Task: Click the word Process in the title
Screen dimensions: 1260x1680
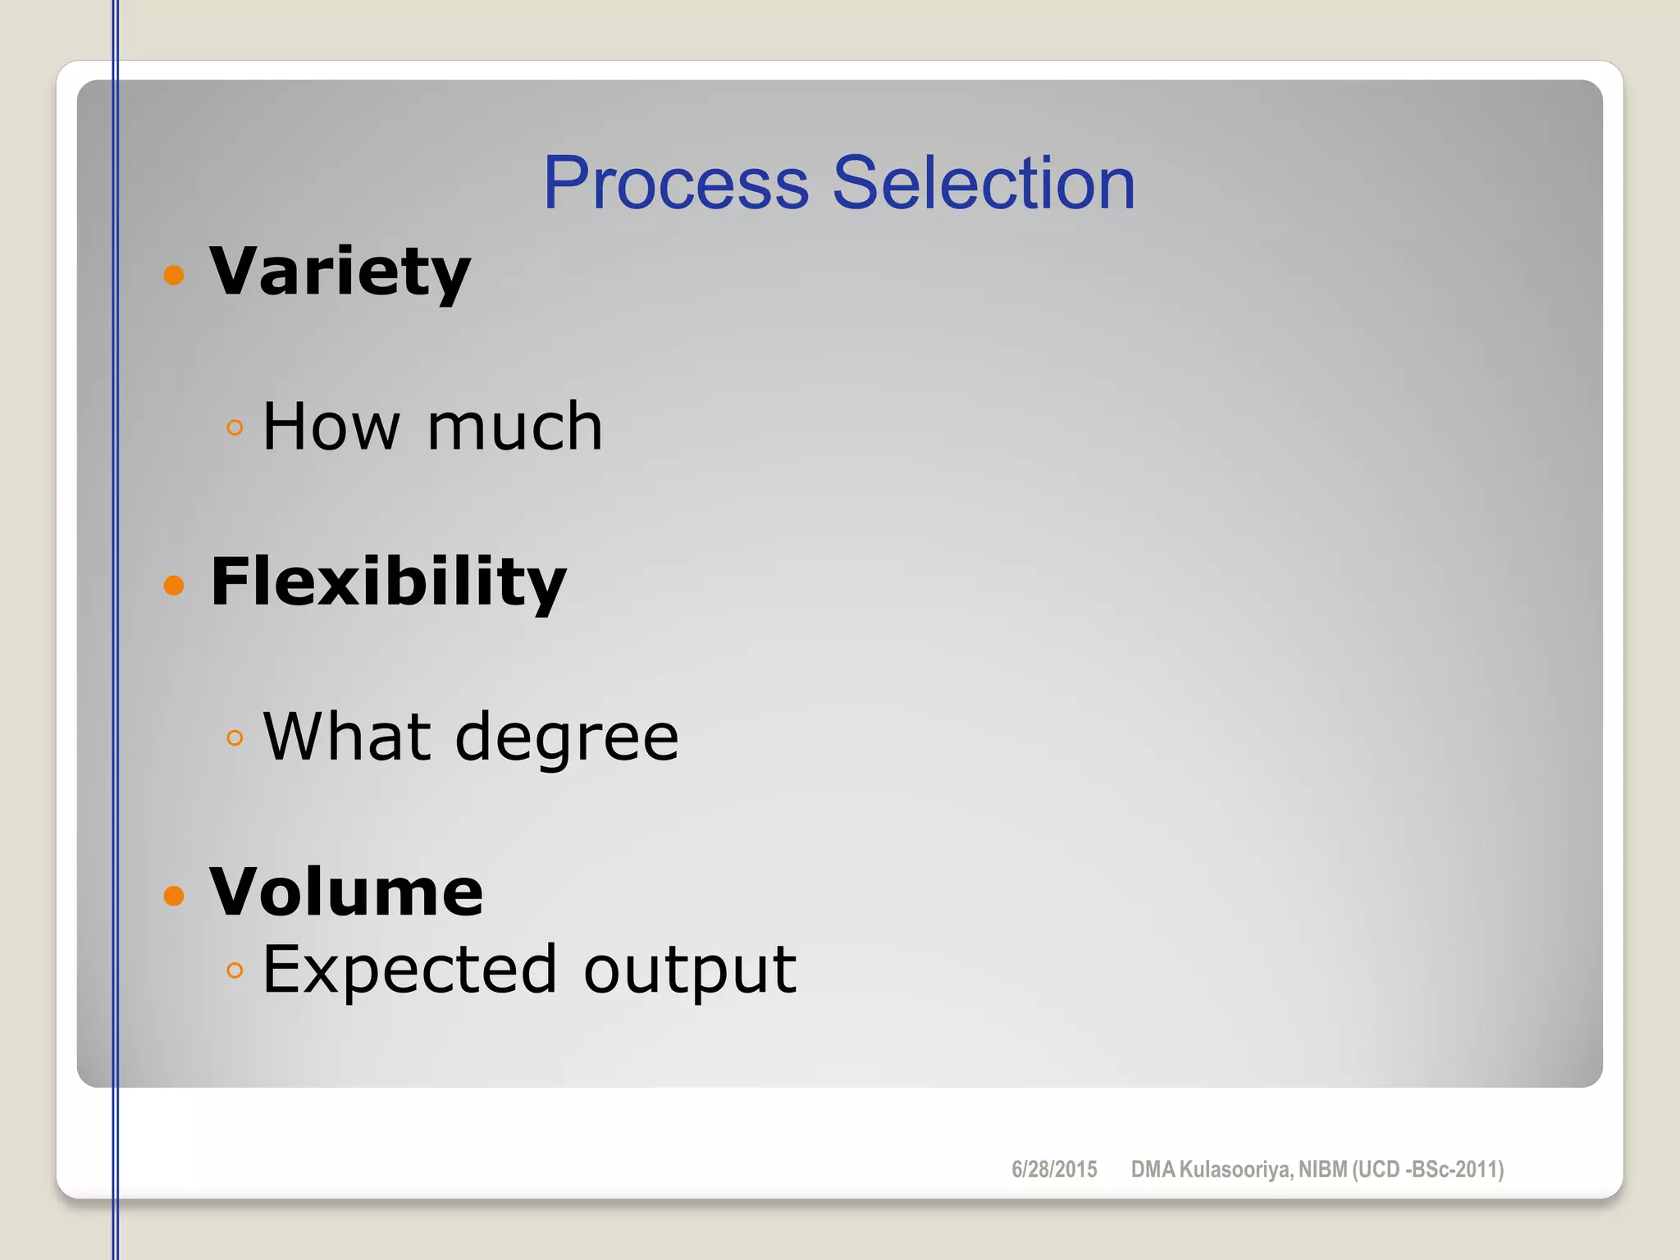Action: coord(676,183)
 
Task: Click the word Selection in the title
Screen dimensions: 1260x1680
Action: coord(984,183)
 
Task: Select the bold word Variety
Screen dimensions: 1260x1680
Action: coord(340,272)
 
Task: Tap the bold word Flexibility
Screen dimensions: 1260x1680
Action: coord(388,582)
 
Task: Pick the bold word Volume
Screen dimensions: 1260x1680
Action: coord(346,892)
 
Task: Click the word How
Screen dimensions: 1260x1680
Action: coord(331,427)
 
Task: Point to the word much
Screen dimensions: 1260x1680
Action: coord(515,427)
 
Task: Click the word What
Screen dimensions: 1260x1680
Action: coord(347,737)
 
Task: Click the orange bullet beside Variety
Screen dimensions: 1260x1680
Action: coord(174,274)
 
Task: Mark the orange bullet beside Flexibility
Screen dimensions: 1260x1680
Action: coord(174,585)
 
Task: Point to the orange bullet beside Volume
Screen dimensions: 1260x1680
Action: coord(174,895)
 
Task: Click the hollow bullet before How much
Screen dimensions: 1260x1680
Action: coord(235,427)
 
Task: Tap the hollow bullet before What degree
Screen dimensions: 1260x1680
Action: coord(235,738)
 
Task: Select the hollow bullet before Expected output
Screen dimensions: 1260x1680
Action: coord(235,970)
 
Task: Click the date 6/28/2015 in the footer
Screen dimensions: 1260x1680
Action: coord(1054,1169)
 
